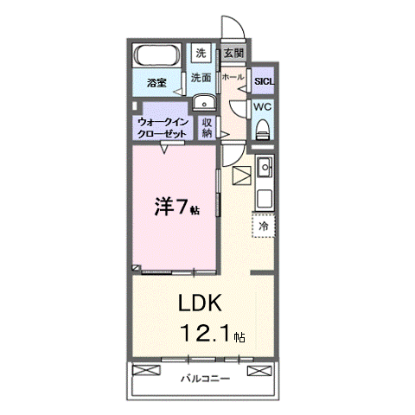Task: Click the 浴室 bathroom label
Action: click(x=156, y=83)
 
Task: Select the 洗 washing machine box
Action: click(x=201, y=53)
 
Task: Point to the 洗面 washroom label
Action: click(x=201, y=77)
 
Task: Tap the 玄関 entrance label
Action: click(x=233, y=53)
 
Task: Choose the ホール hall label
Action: click(x=232, y=77)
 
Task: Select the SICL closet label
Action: click(x=263, y=83)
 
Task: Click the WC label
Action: click(x=263, y=106)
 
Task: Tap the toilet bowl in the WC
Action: click(x=263, y=129)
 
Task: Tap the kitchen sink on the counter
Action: click(x=265, y=167)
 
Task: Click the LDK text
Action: click(x=201, y=303)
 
